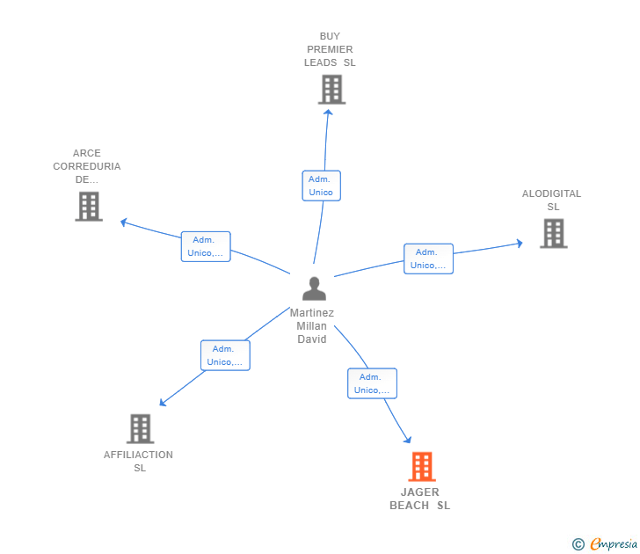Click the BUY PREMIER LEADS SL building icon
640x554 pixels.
click(331, 90)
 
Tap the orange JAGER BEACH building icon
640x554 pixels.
click(422, 467)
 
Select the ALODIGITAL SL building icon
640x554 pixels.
click(554, 234)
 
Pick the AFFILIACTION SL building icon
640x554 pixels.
click(141, 428)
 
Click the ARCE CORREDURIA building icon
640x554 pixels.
click(89, 207)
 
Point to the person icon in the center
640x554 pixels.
click(314, 288)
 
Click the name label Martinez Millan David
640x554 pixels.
click(312, 325)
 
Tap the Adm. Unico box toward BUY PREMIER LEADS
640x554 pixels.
click(321, 186)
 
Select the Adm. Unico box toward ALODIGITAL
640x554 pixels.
click(429, 259)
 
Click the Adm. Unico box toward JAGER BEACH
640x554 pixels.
click(372, 383)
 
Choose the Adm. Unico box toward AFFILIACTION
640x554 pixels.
click(225, 355)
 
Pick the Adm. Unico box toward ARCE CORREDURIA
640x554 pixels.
click(206, 246)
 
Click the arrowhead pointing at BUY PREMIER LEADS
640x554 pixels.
click(328, 113)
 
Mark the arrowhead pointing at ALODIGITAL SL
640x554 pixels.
click(520, 244)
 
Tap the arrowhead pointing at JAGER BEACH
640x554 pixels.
click(408, 440)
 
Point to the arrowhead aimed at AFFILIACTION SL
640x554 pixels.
click(163, 403)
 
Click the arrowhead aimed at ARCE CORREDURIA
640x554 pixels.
click(124, 222)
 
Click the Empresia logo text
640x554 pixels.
click(614, 543)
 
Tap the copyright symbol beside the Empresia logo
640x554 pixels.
click(578, 544)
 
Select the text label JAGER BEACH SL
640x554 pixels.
click(420, 499)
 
